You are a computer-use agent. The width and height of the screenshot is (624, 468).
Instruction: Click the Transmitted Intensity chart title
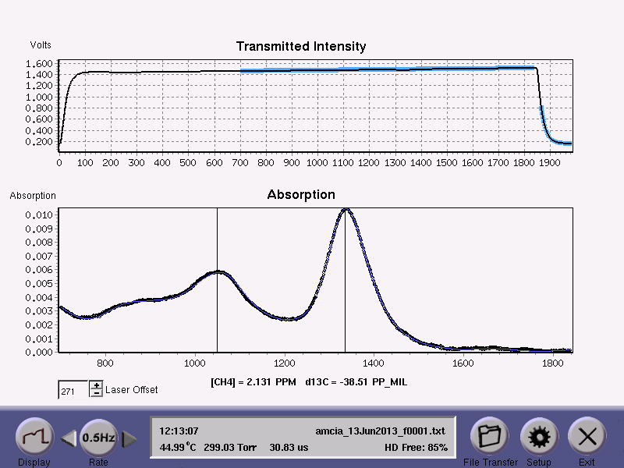300,47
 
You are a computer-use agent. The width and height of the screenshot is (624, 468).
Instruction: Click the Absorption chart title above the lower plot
301,194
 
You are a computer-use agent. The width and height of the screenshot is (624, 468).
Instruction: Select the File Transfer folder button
489,437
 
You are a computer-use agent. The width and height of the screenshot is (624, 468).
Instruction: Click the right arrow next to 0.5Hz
129,439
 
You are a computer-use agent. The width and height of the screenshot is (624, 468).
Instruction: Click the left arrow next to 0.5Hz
69,439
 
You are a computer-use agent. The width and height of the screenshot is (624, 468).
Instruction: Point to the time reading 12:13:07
179,431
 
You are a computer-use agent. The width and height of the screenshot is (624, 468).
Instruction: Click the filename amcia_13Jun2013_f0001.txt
380,431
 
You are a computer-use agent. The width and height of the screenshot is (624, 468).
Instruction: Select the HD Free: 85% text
416,448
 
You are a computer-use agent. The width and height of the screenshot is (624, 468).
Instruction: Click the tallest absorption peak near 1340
345,210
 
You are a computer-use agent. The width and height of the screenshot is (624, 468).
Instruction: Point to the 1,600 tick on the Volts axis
38,63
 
